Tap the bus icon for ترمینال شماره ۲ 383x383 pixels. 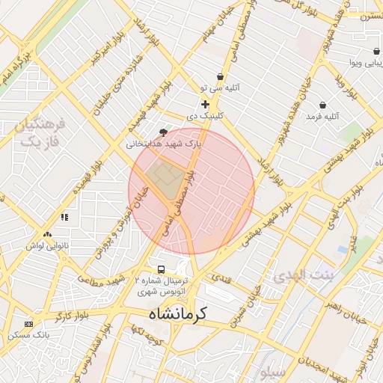tap(160, 269)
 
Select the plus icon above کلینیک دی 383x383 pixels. tap(205, 104)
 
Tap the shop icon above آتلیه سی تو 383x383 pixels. tap(220, 76)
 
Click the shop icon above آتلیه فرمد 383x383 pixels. tap(322, 105)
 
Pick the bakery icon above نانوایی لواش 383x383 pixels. tap(48, 235)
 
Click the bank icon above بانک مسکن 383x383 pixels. tap(29, 324)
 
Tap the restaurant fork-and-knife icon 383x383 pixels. tap(64, 218)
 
